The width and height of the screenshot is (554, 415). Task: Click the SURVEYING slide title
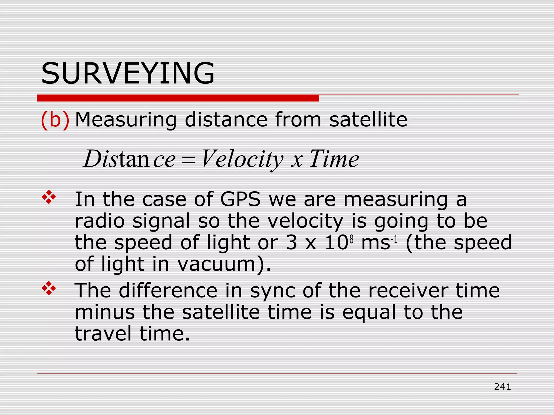[128, 73]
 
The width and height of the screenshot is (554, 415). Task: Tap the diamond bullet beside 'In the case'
[49, 197]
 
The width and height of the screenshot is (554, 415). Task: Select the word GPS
[240, 199]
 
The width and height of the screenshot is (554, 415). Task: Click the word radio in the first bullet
[100, 221]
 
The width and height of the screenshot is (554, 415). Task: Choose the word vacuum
[217, 264]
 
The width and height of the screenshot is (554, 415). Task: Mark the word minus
[105, 312]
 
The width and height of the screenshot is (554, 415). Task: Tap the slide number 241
[502, 387]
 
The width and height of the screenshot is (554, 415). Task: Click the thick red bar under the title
[178, 98]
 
